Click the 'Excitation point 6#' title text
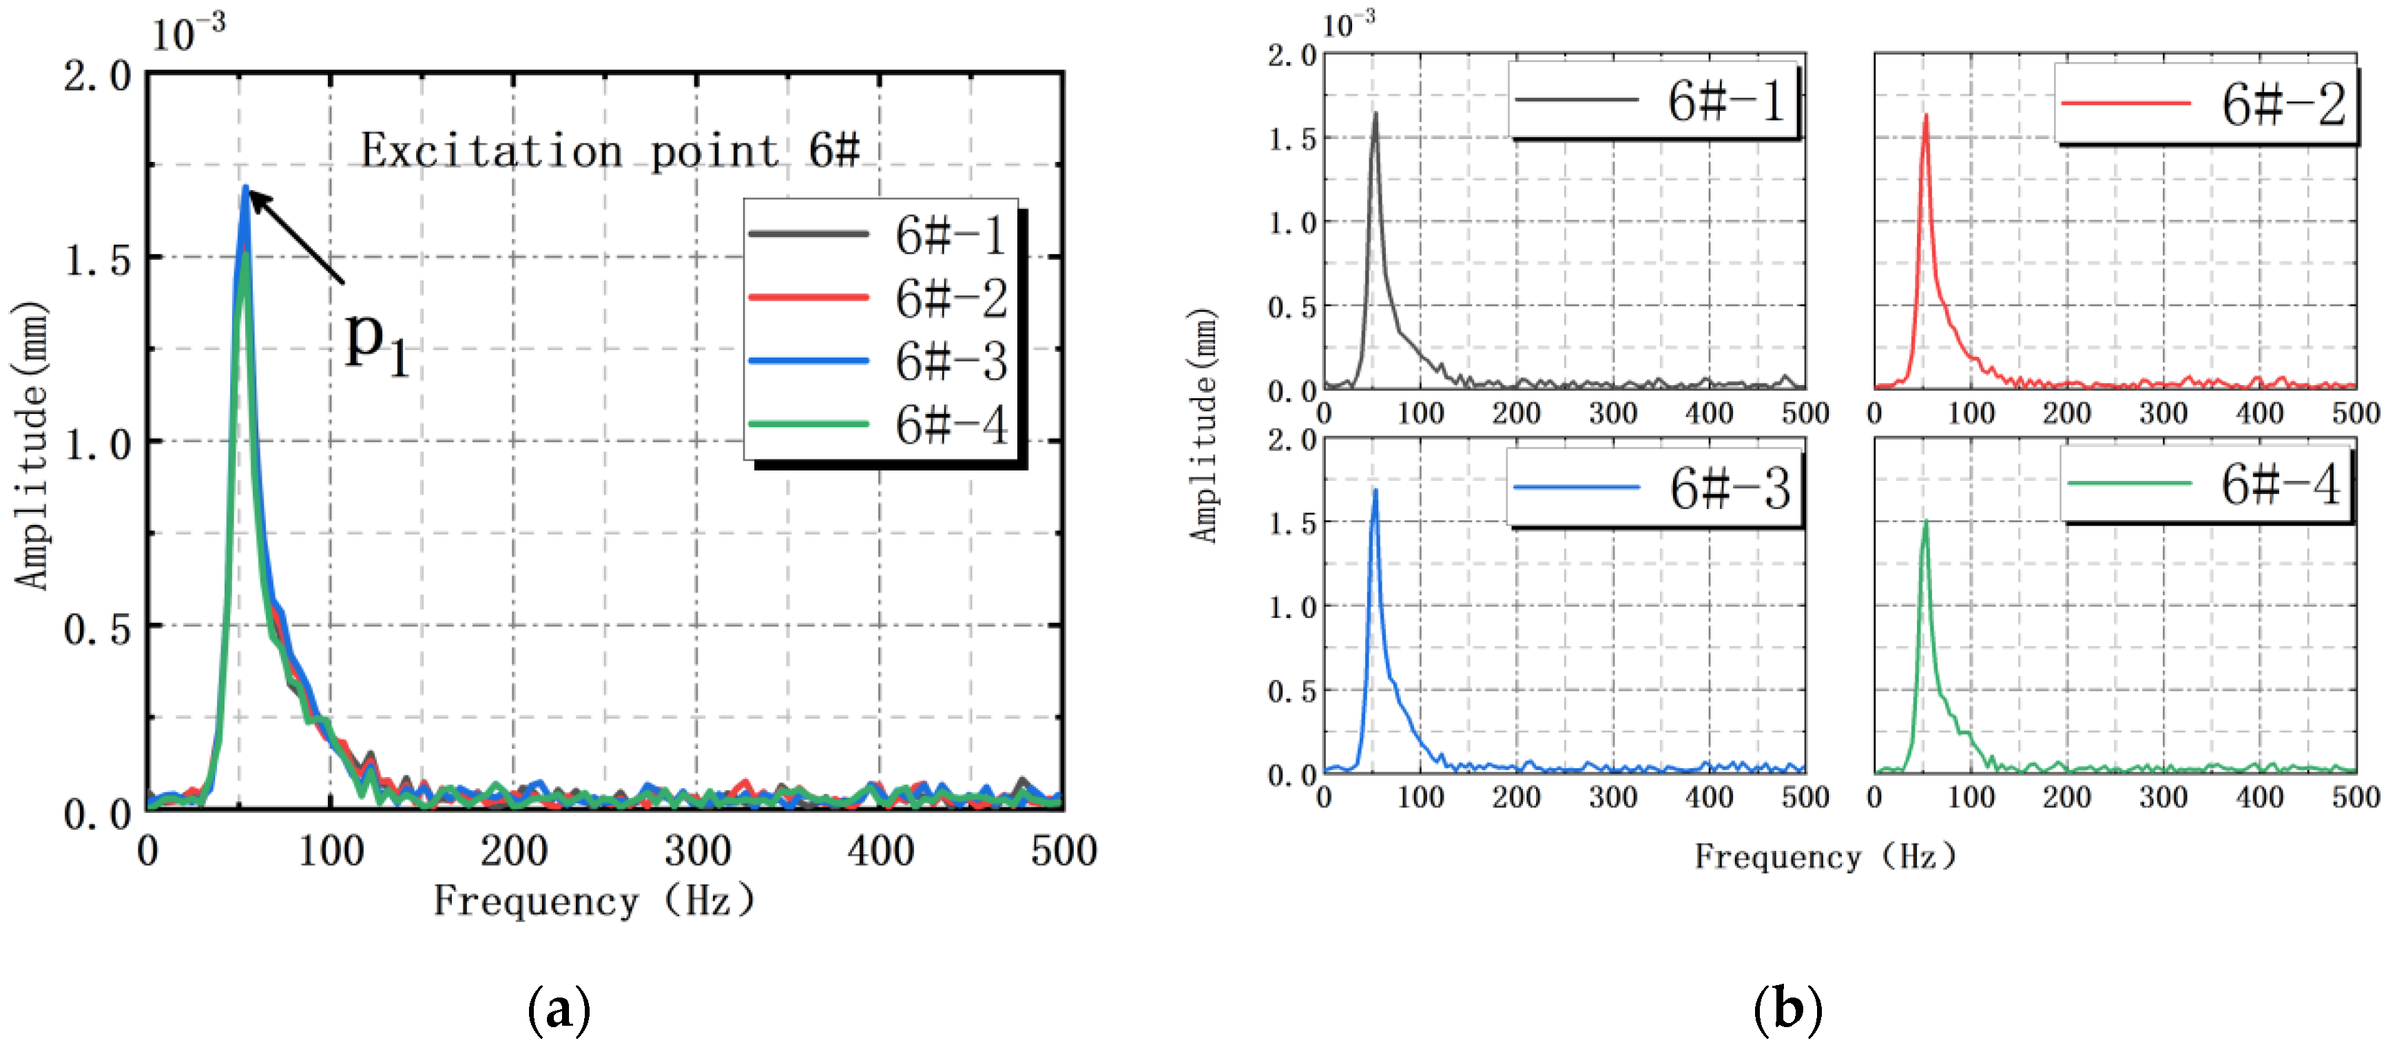click(610, 151)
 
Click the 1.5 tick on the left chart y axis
click(98, 260)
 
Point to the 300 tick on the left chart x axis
click(697, 850)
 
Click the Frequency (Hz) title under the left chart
click(594, 900)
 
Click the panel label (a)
click(559, 1009)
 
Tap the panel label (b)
click(1787, 1009)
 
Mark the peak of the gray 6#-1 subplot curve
click(1376, 114)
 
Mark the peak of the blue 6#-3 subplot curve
click(1376, 490)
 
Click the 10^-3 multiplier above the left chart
click(188, 34)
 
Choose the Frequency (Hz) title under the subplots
click(1825, 856)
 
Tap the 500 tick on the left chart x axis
click(1063, 850)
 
